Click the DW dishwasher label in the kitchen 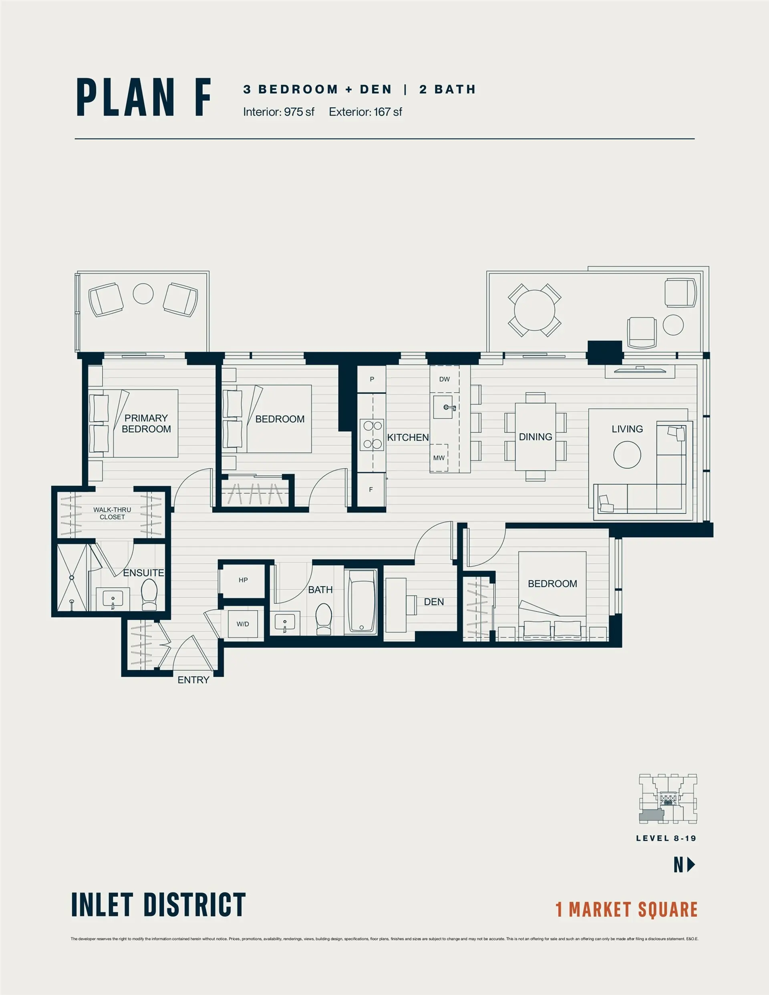444,379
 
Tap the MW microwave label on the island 439,458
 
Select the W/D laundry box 242,624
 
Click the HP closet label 243,580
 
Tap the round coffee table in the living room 627,455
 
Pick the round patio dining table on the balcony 534,310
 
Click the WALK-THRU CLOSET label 112,513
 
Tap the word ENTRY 193,680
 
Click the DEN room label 433,602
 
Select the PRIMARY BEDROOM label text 146,423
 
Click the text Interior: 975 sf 278,112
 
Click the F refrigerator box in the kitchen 370,489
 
